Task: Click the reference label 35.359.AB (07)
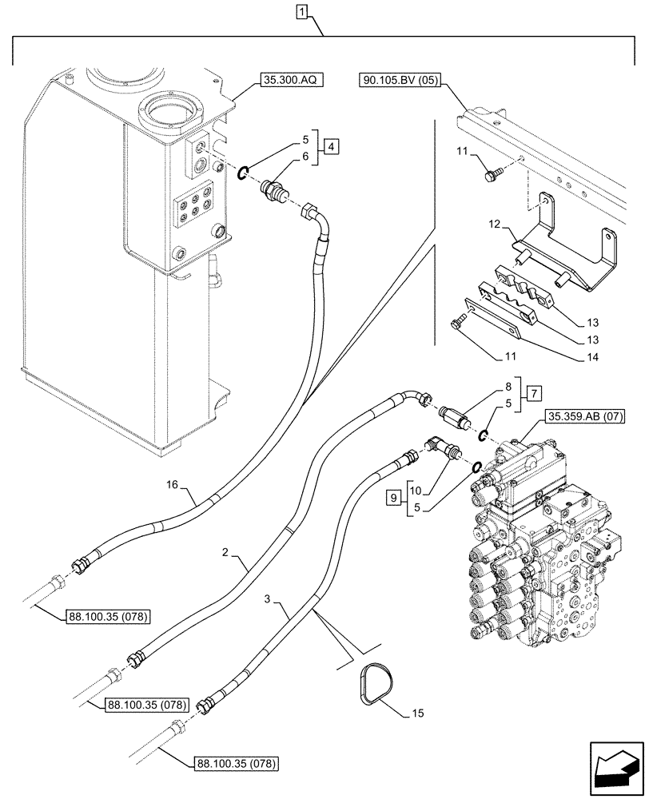(585, 415)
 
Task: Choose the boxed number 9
(392, 498)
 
